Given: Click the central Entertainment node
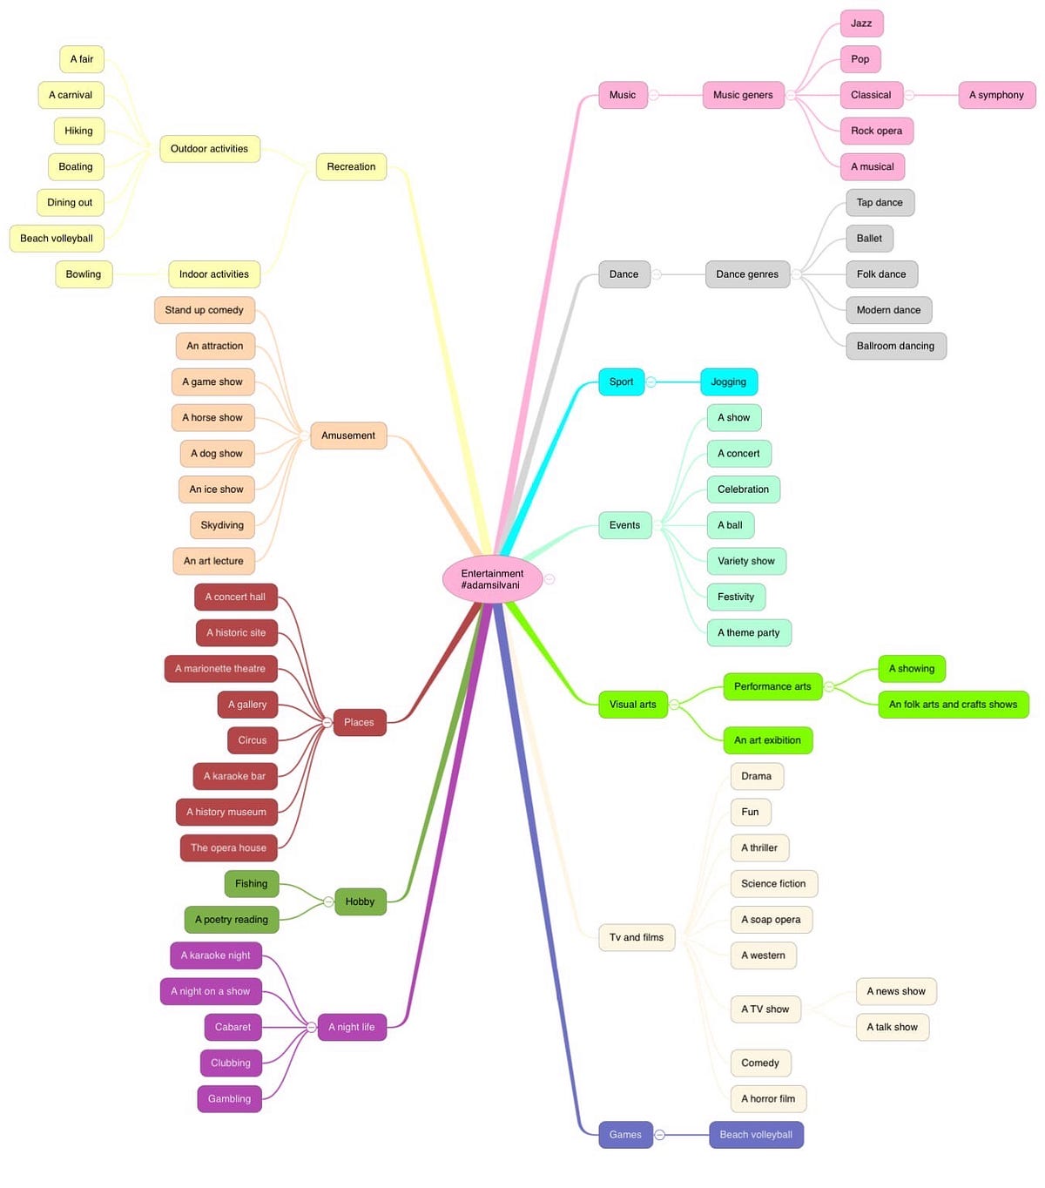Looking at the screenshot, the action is coord(492,579).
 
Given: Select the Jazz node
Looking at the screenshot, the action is coord(861,24).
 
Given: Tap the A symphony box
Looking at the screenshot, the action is coord(996,95).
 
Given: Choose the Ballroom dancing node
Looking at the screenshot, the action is coord(895,346).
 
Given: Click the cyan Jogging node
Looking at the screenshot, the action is coord(728,381).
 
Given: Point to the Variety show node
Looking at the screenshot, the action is coord(745,561).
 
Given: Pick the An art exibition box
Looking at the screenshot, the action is coord(767,740).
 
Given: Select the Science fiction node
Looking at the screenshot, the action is coord(773,883).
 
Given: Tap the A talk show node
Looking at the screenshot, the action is coord(892,1027).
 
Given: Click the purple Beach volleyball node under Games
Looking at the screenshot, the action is coord(756,1135).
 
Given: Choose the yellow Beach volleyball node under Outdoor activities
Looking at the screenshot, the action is coord(57,239).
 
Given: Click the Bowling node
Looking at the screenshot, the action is coord(84,274).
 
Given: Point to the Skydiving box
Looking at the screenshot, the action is coord(222,525).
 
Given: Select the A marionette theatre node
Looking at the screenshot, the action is coord(220,669).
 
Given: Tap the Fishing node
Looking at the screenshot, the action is coord(252,884).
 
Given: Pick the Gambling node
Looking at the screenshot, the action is coord(230,1099).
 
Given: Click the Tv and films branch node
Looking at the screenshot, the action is coord(637,937).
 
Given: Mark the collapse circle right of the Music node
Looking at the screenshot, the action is coord(653,95).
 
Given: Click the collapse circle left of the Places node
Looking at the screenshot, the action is coord(327,722).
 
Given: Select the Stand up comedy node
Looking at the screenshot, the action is coord(205,310).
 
